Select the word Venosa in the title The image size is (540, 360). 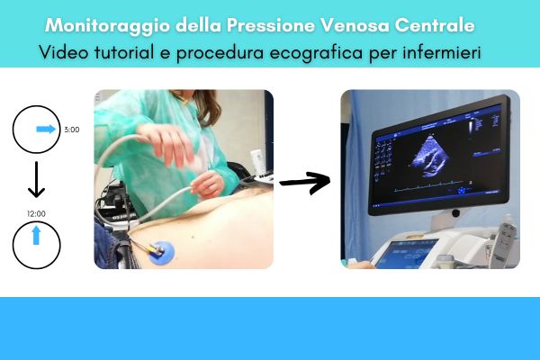355,25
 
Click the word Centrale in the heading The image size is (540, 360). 435,25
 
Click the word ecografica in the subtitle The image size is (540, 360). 316,53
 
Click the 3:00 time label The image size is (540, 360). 72,130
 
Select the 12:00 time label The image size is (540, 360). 36,213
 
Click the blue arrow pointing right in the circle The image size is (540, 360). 46,130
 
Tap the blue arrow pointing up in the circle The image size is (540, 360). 36,235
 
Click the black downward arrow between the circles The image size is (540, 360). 36,179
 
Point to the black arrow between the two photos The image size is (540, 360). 305,183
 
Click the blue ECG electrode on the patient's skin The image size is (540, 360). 161,253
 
